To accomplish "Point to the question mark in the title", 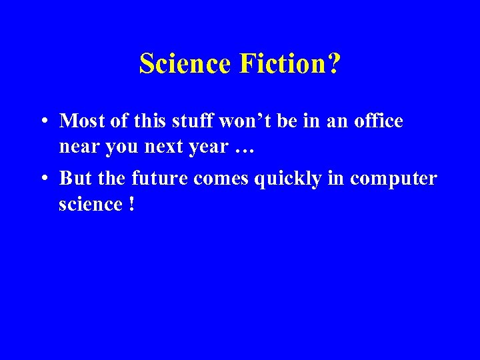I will coord(333,64).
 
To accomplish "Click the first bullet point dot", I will coord(42,122).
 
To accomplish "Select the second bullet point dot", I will coord(42,179).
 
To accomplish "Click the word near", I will coord(79,146).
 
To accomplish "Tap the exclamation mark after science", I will coord(130,204).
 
